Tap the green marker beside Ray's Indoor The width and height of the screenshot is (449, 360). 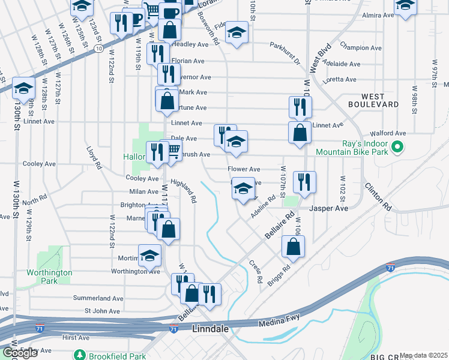point(397,146)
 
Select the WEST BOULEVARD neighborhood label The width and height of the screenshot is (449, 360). point(380,100)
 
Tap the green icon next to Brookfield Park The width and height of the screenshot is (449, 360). point(79,356)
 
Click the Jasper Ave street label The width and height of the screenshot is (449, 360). point(328,208)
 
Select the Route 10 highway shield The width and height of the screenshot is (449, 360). point(98,46)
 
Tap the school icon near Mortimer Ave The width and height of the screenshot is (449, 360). point(149,256)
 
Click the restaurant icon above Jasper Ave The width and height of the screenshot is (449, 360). point(304,182)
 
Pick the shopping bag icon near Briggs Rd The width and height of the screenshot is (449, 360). point(293,246)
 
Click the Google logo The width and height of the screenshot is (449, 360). point(20,353)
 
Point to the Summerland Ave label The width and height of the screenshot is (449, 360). point(98,298)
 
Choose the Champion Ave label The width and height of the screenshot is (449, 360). point(361,47)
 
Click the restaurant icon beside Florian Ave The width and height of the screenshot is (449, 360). point(158,54)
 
